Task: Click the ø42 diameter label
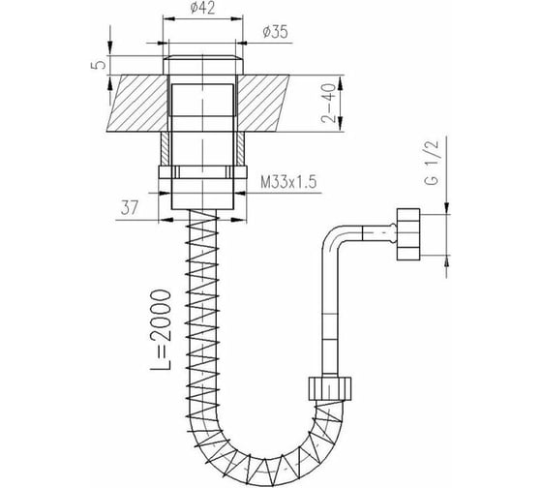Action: (x=202, y=8)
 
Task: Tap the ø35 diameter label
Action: (x=275, y=32)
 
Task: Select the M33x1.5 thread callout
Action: (x=288, y=182)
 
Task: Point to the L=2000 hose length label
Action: (x=162, y=330)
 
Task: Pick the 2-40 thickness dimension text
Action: (x=328, y=104)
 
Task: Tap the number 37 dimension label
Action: (x=130, y=208)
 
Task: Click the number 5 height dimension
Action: (x=99, y=65)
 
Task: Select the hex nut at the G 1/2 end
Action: (x=408, y=234)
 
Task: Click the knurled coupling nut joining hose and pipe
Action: (x=329, y=388)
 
